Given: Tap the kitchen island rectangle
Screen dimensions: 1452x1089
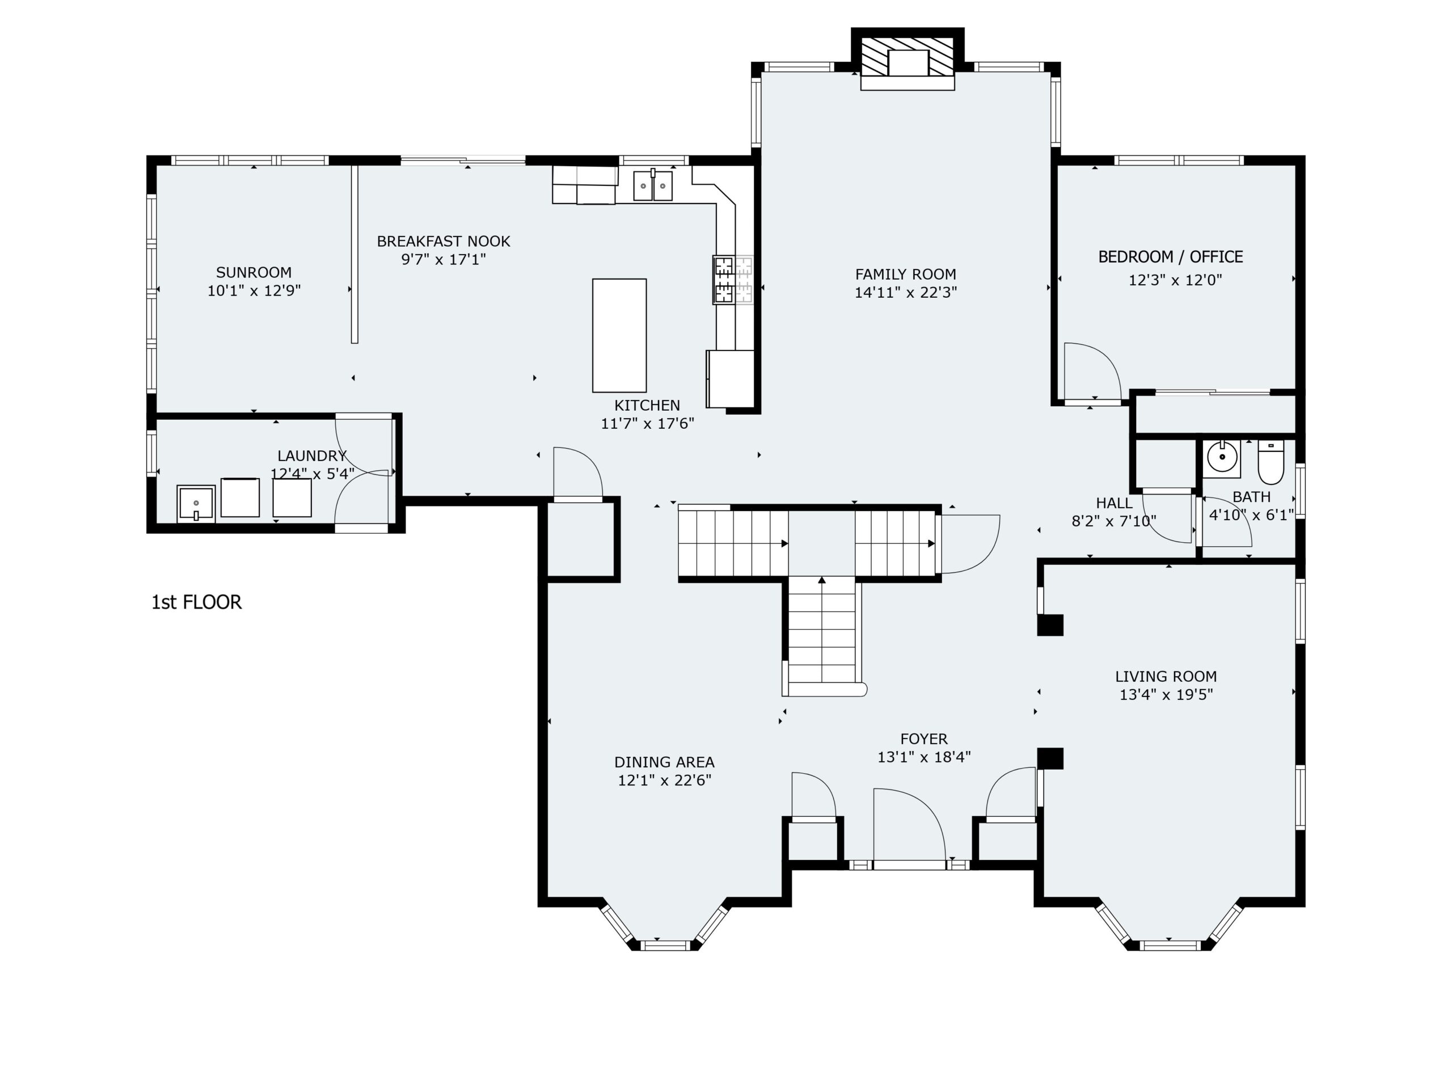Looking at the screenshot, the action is [x=619, y=335].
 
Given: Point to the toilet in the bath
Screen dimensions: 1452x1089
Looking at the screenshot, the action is [x=1271, y=462].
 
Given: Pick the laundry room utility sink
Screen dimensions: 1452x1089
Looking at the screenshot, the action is [x=196, y=504].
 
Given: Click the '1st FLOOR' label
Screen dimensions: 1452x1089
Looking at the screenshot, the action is [x=196, y=602].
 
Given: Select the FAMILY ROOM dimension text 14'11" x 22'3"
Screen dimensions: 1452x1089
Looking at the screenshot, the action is [x=905, y=293].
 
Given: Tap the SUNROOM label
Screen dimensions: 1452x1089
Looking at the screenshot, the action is [x=254, y=272].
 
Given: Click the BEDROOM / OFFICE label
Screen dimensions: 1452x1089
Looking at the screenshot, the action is [x=1171, y=257].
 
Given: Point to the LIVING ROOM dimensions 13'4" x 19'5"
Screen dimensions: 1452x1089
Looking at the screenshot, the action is [x=1166, y=694].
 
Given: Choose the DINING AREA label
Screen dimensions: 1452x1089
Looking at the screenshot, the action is [x=664, y=762].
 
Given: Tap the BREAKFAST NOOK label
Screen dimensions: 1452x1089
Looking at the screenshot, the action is [x=443, y=242].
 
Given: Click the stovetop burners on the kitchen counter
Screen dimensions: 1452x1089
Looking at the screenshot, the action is [x=733, y=280].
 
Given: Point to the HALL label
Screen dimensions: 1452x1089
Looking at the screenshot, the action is [x=1114, y=504].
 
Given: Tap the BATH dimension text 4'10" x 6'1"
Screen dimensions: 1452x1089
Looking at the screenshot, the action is [x=1251, y=515].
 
